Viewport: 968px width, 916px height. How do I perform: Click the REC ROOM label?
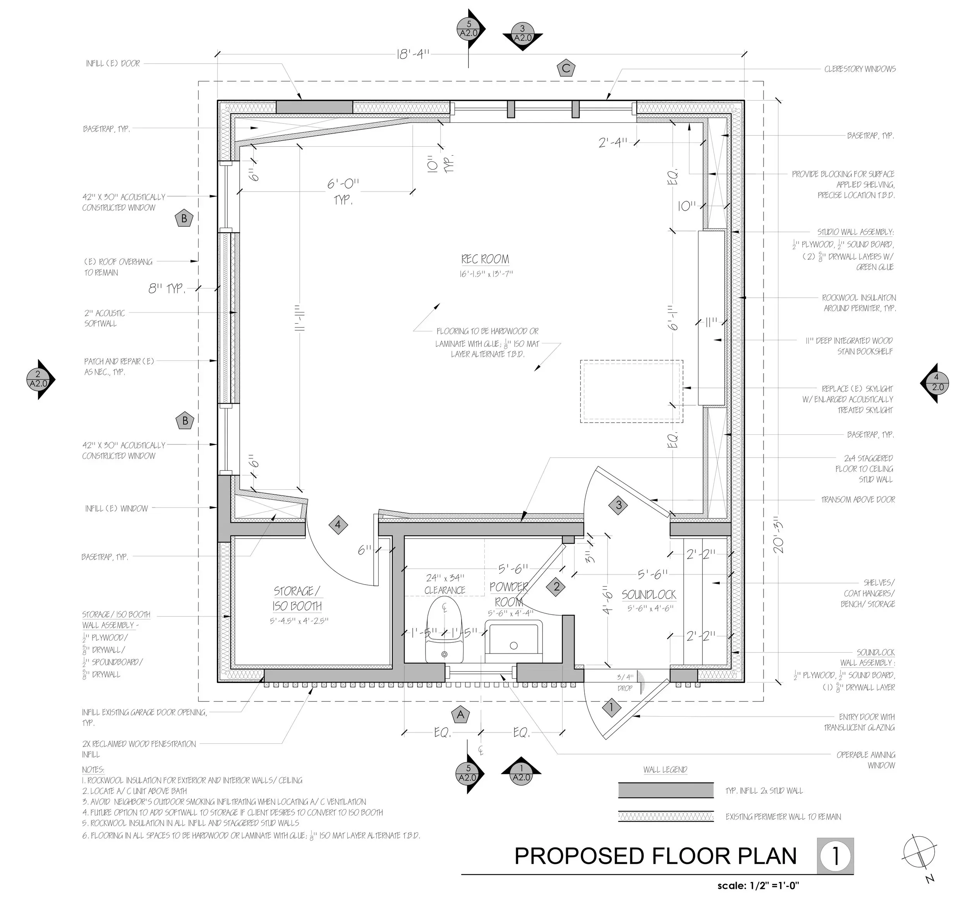[x=485, y=259]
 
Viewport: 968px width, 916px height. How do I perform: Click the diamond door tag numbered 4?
[x=338, y=525]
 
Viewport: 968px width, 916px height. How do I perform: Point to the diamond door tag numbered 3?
[x=619, y=505]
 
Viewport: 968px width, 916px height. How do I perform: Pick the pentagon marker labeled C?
[x=566, y=69]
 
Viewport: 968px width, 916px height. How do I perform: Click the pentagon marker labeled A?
[x=460, y=715]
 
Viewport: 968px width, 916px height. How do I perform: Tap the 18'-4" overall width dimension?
[x=413, y=54]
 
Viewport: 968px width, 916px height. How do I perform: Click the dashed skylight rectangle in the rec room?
[x=631, y=391]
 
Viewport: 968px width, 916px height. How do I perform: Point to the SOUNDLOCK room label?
[x=649, y=595]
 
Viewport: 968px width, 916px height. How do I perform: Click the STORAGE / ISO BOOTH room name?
[x=297, y=599]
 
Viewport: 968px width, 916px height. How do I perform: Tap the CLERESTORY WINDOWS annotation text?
[x=860, y=69]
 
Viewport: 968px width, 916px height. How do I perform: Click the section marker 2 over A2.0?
[x=39, y=379]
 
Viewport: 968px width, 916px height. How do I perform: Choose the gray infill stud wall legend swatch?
[x=665, y=790]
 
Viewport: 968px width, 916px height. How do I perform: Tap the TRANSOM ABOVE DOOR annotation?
[x=858, y=499]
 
